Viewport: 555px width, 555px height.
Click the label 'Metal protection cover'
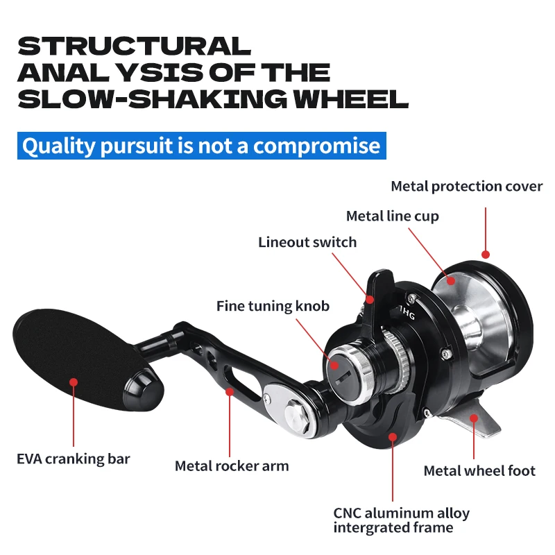coord(466,186)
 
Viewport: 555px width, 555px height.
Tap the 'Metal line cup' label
coord(392,216)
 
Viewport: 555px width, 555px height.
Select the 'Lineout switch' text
coord(307,242)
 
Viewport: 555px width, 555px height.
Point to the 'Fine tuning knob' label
coord(273,305)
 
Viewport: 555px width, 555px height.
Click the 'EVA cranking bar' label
coord(73,459)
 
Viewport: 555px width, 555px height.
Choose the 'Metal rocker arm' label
coord(232,466)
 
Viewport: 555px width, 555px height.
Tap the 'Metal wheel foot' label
coord(479,470)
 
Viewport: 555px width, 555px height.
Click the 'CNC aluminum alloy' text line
coord(401,513)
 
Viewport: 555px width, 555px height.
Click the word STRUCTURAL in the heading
coord(133,46)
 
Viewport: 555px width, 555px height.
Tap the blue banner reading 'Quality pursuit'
coord(201,146)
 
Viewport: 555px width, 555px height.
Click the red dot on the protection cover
coord(485,255)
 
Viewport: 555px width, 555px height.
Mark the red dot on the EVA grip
coord(73,382)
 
